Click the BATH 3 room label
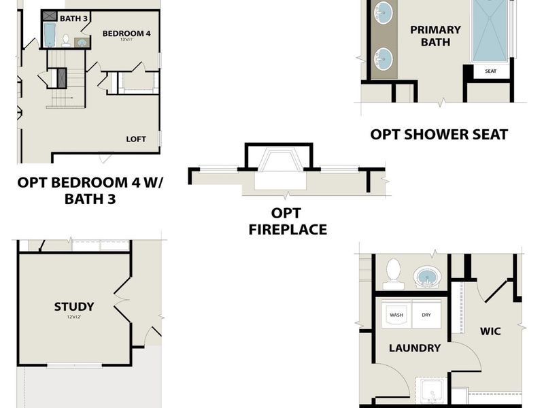tap(74, 18)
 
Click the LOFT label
tap(136, 139)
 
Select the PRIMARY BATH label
tap(435, 35)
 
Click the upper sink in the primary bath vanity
tap(384, 12)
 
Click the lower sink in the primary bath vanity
tap(384, 58)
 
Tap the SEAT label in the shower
tap(490, 71)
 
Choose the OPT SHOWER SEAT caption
tap(439, 134)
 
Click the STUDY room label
tap(74, 307)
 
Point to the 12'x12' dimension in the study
tap(74, 318)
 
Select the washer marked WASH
tap(396, 315)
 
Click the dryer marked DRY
tap(426, 315)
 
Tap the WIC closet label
tap(490, 331)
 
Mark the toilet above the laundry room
tap(392, 273)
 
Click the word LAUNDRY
tap(415, 347)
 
